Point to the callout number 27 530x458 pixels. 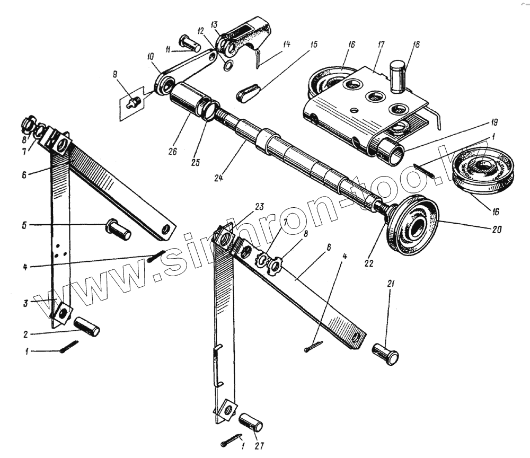259,445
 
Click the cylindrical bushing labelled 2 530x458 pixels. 87,327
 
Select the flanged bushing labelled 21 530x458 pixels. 386,354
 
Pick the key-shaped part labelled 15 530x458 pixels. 247,93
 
